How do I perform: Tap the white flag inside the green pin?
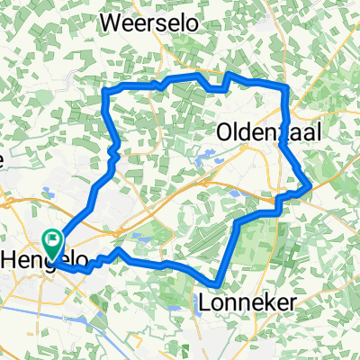coord(52,241)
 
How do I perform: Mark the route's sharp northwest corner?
coord(108,91)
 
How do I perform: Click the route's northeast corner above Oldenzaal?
coord(286,86)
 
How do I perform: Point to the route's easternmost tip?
coord(310,186)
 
